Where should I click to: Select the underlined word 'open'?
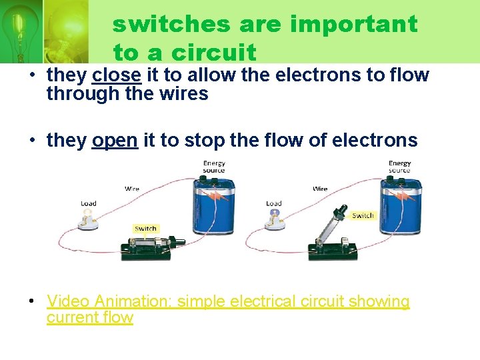click(115, 141)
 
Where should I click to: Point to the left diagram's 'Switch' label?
click(145, 229)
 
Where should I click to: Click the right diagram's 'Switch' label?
click(363, 215)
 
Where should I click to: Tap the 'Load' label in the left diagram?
click(89, 203)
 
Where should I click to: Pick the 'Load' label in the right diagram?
click(273, 203)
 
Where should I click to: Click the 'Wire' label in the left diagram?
click(133, 189)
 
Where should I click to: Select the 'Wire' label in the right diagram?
click(320, 189)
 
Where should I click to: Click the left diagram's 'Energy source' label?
click(214, 167)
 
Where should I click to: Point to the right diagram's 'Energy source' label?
click(399, 167)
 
